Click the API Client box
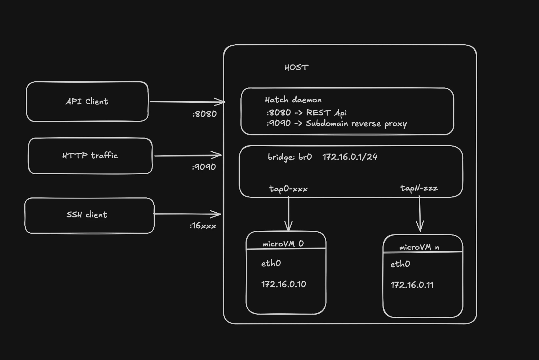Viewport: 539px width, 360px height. click(x=87, y=102)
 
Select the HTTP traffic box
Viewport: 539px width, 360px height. click(x=90, y=156)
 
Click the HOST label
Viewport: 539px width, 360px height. click(x=296, y=67)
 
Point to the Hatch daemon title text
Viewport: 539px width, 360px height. click(x=293, y=100)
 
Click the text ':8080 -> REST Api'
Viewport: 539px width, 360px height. click(x=307, y=113)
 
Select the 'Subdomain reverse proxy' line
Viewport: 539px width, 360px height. click(x=356, y=124)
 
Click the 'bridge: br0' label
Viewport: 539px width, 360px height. click(x=289, y=157)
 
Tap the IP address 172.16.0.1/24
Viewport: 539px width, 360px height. click(x=350, y=157)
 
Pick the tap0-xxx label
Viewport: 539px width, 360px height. click(x=288, y=189)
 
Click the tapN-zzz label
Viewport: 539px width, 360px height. click(x=419, y=188)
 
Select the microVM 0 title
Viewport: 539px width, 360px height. click(x=283, y=244)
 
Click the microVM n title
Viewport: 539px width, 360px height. click(x=419, y=247)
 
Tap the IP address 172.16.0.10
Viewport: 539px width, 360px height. click(x=284, y=284)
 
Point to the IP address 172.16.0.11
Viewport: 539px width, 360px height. click(x=412, y=285)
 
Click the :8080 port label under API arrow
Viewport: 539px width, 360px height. click(x=204, y=114)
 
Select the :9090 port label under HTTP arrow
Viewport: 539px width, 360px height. click(x=204, y=167)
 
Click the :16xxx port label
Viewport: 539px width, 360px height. click(x=203, y=226)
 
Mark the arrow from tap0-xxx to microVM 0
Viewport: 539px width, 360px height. click(x=289, y=214)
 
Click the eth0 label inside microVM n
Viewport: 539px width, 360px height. click(x=400, y=264)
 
